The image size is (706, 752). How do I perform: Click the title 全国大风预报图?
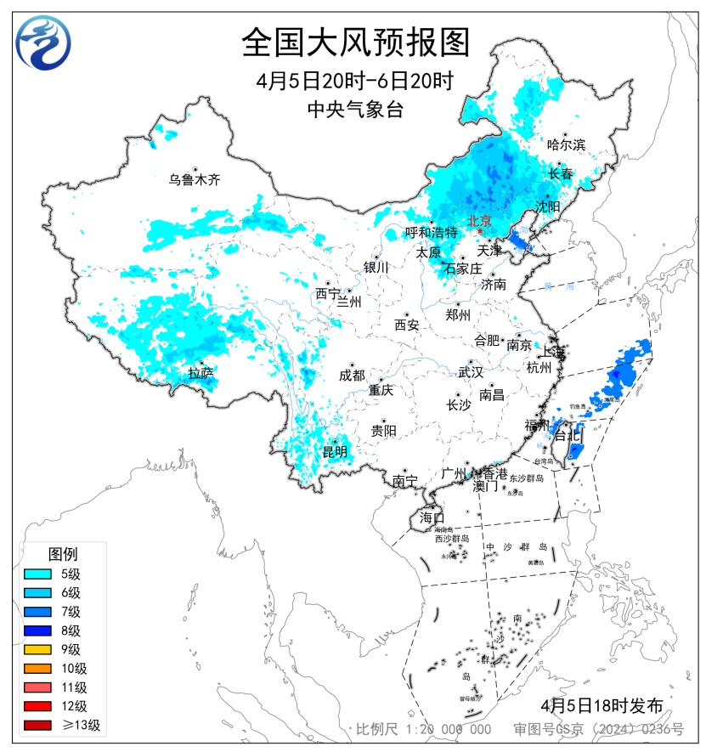tap(355, 41)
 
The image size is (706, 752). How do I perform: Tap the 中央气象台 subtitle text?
tap(355, 109)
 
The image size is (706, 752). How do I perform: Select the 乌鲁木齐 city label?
tap(194, 179)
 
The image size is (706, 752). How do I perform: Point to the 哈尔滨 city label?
tap(566, 144)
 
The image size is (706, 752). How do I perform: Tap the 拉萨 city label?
tap(201, 372)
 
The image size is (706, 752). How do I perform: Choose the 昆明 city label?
tap(334, 451)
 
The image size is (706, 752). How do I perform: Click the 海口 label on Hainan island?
tap(432, 517)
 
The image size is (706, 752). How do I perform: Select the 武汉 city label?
tap(470, 372)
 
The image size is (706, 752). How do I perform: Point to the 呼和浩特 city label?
tap(431, 232)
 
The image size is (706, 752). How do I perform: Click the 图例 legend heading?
tap(62, 554)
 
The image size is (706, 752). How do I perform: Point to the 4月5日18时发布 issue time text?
tap(601, 705)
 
